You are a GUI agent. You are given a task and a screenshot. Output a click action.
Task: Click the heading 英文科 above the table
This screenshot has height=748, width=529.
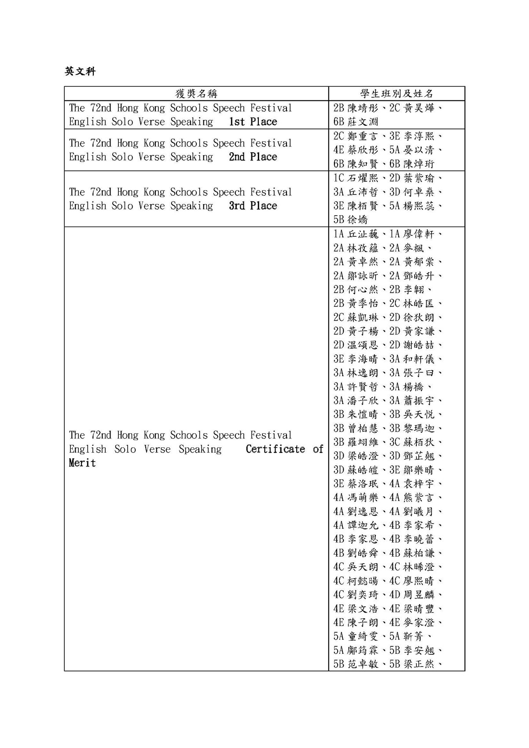(x=80, y=71)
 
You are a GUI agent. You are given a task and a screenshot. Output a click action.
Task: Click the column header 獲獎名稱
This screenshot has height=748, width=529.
(x=196, y=93)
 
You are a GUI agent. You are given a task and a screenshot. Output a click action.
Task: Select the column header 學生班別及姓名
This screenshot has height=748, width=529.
(x=397, y=93)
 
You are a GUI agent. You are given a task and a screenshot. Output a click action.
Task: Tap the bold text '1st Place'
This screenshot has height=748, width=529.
(x=253, y=122)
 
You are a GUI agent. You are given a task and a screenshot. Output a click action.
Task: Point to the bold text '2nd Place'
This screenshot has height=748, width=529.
(x=253, y=157)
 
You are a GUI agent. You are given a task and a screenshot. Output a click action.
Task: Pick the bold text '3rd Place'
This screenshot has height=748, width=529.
(x=253, y=206)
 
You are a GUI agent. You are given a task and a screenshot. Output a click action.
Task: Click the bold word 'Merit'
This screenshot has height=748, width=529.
(x=82, y=463)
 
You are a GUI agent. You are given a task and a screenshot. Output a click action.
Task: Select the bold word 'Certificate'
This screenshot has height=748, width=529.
(x=276, y=449)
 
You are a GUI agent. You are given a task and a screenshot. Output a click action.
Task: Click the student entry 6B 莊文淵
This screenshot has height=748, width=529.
(x=356, y=122)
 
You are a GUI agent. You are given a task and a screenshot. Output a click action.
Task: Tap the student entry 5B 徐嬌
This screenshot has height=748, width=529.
(x=350, y=220)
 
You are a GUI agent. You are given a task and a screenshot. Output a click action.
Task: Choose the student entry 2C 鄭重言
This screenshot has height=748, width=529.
(x=356, y=136)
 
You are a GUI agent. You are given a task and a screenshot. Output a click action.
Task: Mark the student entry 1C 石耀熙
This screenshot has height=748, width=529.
(x=356, y=178)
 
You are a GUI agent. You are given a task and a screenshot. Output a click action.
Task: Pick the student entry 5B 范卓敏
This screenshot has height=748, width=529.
(x=356, y=664)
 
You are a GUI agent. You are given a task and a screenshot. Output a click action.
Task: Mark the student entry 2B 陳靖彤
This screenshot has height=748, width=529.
(x=356, y=108)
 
